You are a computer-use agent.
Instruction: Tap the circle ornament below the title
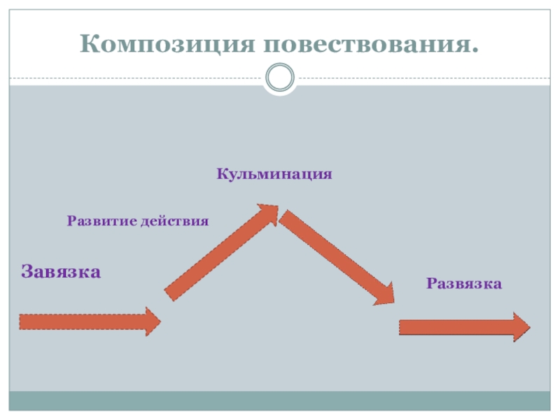(280, 77)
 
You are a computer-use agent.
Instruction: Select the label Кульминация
(274, 173)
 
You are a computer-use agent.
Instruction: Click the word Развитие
(101, 221)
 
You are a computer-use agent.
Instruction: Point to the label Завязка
(61, 271)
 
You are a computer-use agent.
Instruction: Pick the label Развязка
(464, 283)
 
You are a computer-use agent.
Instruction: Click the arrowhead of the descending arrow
(384, 294)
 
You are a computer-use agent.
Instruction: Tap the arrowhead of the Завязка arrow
(152, 321)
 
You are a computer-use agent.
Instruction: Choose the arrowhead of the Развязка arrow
(521, 327)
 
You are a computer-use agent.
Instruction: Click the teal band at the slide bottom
(280, 400)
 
